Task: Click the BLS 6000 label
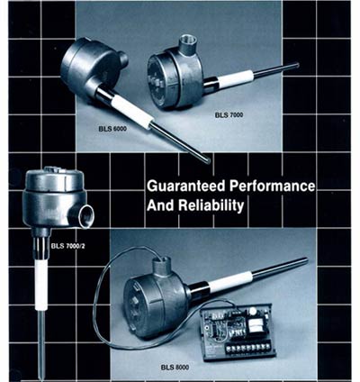(112, 129)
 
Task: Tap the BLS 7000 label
(229, 114)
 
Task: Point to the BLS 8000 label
(175, 367)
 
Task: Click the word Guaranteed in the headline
(186, 186)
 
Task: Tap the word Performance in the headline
(272, 186)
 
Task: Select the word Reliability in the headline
(211, 205)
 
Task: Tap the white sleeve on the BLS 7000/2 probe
(40, 285)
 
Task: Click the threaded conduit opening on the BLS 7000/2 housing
(85, 214)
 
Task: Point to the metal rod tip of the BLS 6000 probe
(207, 160)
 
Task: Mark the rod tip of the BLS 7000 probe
(296, 65)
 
